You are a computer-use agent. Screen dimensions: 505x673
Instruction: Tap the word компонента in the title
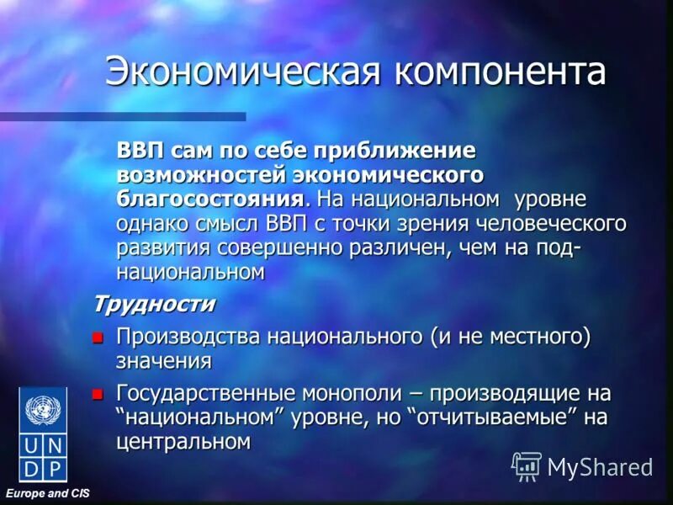point(502,72)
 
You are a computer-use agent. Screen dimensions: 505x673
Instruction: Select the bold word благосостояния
point(209,199)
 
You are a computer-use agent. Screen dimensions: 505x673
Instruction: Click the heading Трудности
point(153,302)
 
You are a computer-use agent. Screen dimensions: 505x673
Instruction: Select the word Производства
point(188,337)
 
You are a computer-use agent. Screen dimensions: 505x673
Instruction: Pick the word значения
point(163,361)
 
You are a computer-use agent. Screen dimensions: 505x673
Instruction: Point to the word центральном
point(183,441)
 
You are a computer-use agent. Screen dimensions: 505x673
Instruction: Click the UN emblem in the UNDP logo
point(43,412)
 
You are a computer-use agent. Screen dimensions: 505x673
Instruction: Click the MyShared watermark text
point(600,465)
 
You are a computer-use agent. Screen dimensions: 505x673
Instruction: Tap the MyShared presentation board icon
point(527,465)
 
